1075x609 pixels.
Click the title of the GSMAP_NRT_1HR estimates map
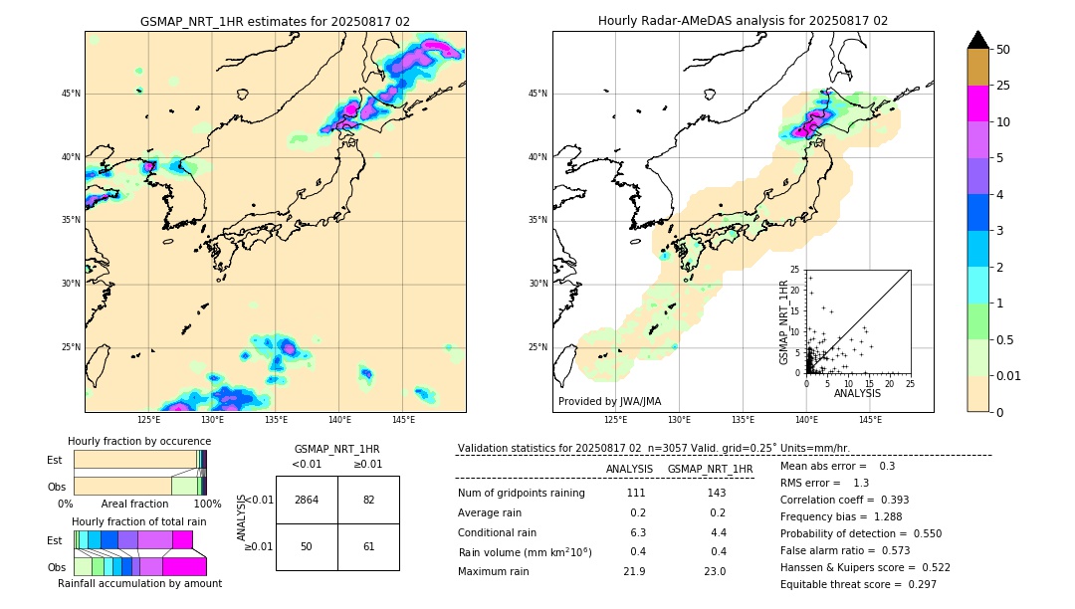point(275,21)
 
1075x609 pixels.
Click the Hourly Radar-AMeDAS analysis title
point(743,21)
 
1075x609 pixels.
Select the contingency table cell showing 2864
point(307,500)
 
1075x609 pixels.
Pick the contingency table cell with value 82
point(368,500)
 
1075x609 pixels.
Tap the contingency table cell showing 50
point(307,546)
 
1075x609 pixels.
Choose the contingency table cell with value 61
point(368,546)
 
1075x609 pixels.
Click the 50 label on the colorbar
point(1003,50)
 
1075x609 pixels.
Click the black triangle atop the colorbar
point(978,40)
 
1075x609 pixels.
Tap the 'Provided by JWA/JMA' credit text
point(609,402)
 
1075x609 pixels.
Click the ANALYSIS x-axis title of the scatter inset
point(857,394)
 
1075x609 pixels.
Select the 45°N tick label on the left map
point(71,94)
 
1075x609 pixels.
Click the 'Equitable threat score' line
point(858,584)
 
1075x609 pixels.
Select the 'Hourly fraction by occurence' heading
point(139,441)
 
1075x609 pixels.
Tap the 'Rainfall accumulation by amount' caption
point(139,583)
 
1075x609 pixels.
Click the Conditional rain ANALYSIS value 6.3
point(637,532)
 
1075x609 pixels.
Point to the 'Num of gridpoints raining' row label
point(522,494)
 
